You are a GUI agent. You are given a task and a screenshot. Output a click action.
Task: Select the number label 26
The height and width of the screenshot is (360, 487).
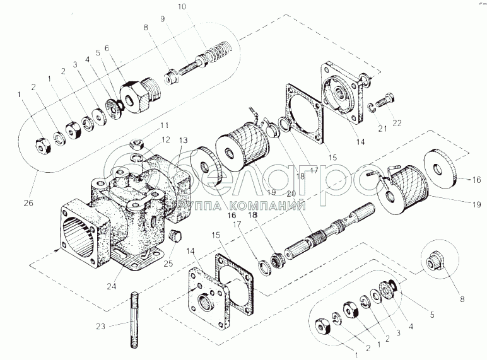pyautogui.click(x=28, y=204)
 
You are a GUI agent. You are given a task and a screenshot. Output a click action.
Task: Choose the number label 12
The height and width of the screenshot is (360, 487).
pyautogui.click(x=165, y=139)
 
